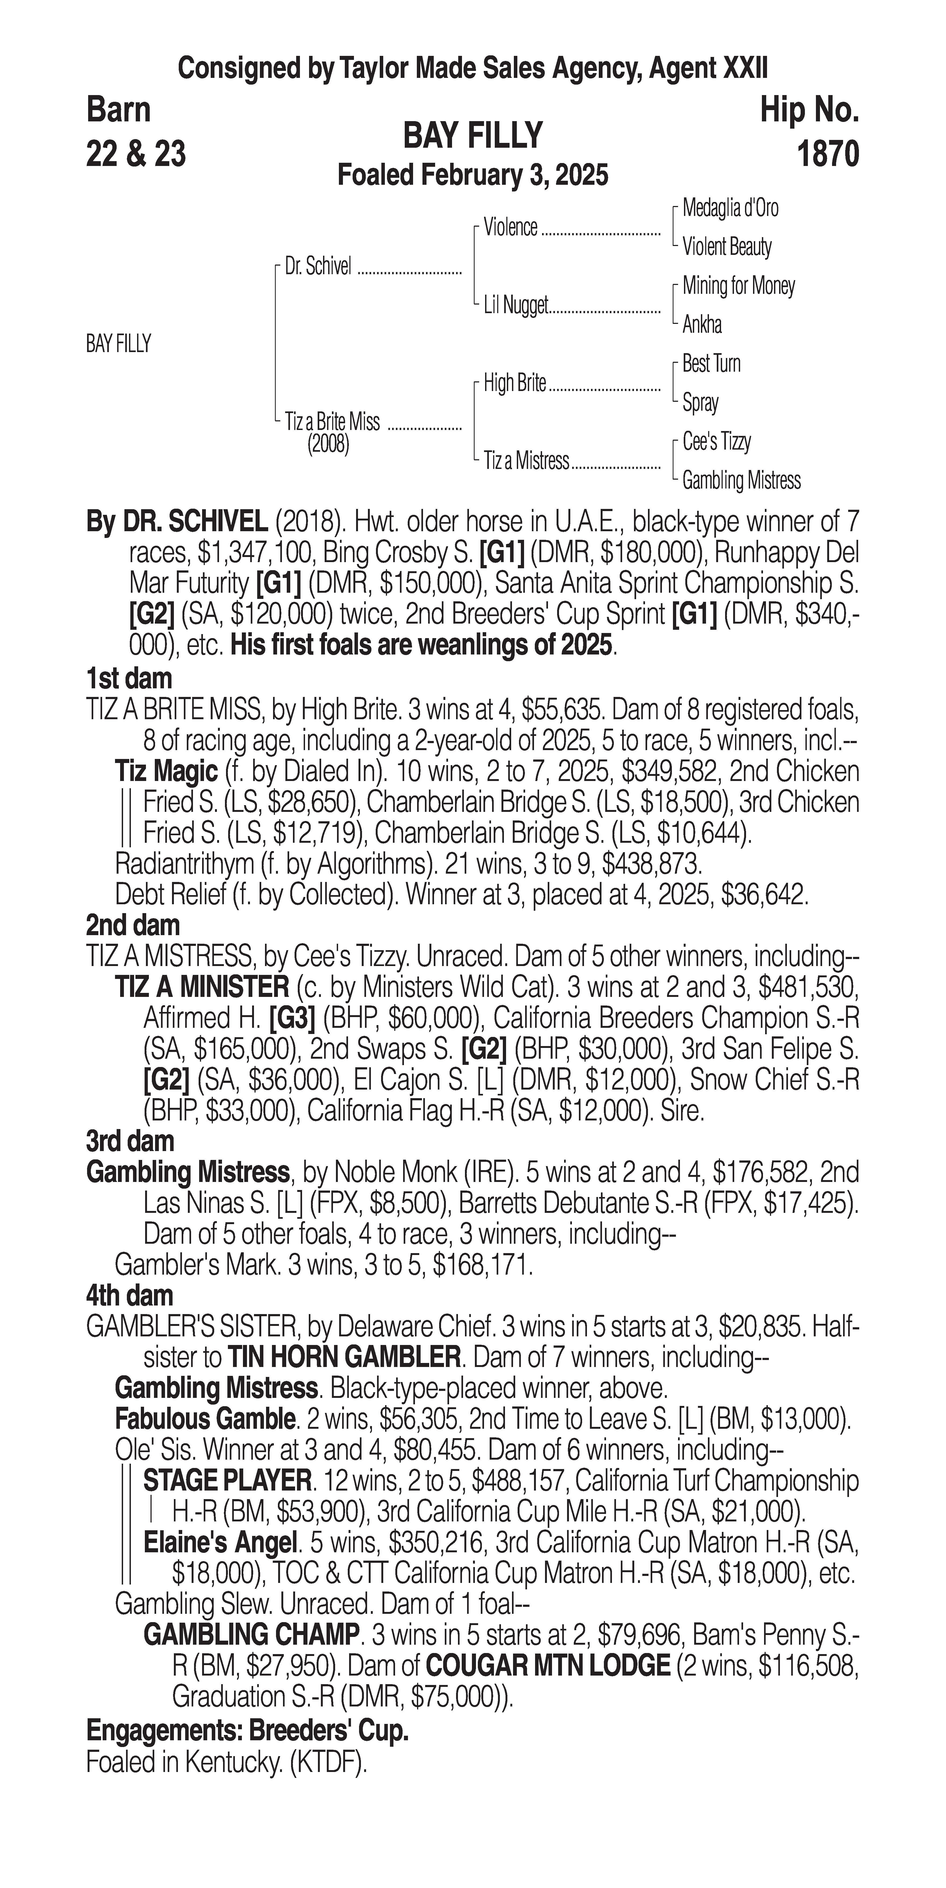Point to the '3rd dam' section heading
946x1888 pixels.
click(x=130, y=1141)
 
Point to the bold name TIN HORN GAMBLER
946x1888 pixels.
click(x=344, y=1357)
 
